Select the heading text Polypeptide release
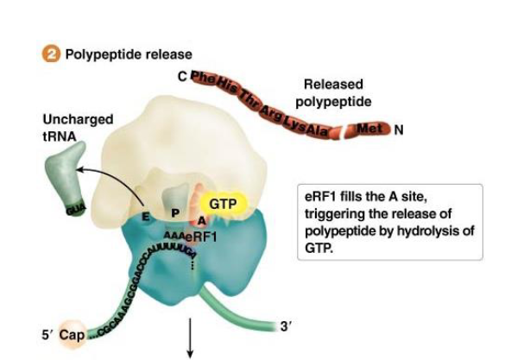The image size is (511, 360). pyautogui.click(x=117, y=54)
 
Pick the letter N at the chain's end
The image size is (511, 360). pyautogui.click(x=398, y=131)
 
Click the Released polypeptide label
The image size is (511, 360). pyautogui.click(x=337, y=93)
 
